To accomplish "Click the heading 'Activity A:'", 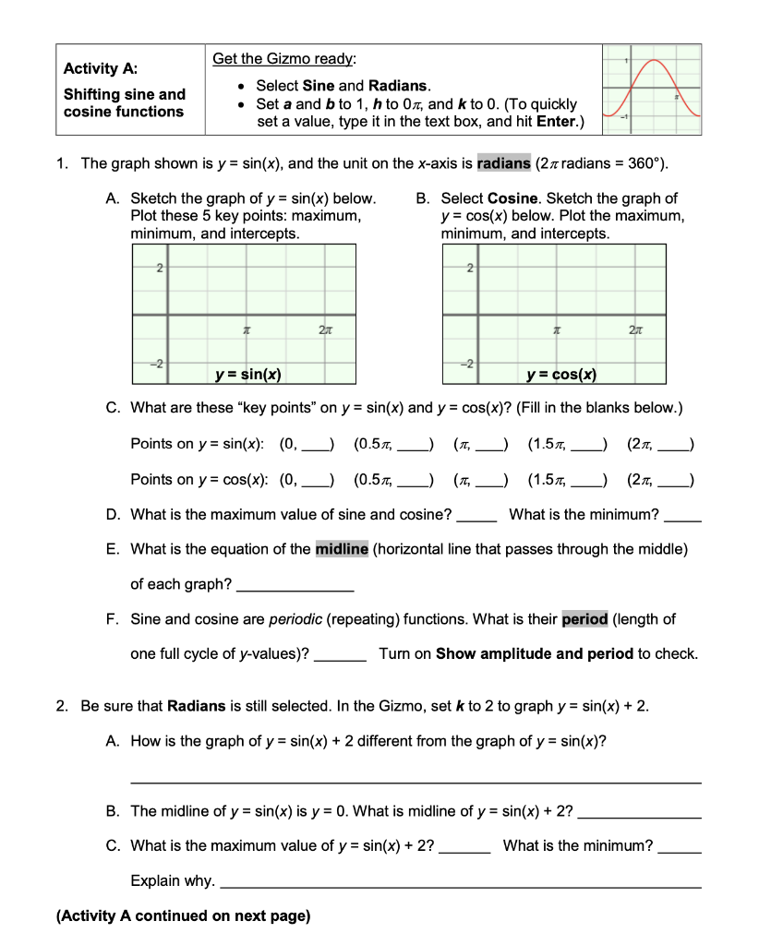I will tap(101, 68).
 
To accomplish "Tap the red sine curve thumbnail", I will tap(650, 90).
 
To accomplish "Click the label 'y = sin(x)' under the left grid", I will tap(248, 374).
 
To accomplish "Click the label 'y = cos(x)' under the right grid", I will tap(560, 374).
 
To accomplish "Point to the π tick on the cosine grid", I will tap(556, 329).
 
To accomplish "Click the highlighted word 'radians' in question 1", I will tap(503, 163).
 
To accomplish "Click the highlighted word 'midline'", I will tap(342, 549).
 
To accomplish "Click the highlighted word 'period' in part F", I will tap(584, 619).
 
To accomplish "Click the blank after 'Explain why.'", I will tap(462, 882).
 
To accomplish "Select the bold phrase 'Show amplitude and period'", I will tap(534, 654).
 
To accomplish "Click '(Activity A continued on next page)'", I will tap(183, 916).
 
